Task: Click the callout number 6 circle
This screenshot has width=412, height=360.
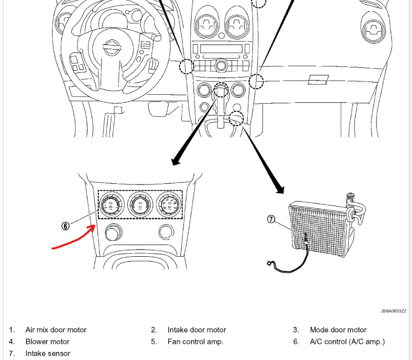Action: (65, 226)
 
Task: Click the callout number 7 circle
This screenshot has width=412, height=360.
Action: (271, 219)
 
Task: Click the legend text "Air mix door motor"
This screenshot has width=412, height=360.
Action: (56, 330)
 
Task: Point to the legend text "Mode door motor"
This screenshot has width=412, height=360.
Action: (338, 330)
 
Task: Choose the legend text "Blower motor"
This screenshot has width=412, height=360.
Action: (48, 341)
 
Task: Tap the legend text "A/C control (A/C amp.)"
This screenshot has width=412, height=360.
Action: (347, 341)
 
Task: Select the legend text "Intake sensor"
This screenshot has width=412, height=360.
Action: (48, 353)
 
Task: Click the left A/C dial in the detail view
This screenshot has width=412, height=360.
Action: (109, 205)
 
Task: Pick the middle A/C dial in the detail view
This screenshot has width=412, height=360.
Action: (139, 205)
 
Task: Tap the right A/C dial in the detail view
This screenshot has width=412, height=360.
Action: (169, 205)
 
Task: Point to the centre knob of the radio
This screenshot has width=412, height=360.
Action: (221, 65)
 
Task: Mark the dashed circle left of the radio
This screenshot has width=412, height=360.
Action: (186, 66)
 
